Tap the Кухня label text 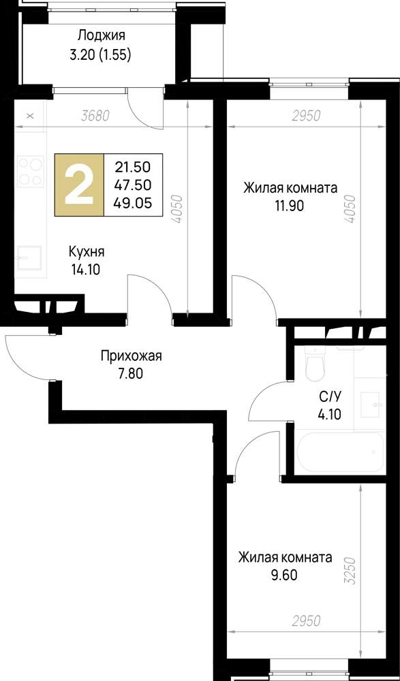coord(86,251)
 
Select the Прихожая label coord(131,355)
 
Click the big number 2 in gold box coord(79,185)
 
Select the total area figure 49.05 coord(134,202)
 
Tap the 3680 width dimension coord(95,116)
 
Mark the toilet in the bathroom coord(316,366)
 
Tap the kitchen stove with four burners coord(30,172)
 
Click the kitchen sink coord(29,258)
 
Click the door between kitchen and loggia coord(147,109)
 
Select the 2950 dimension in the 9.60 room coord(305,622)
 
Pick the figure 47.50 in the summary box coord(134,185)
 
